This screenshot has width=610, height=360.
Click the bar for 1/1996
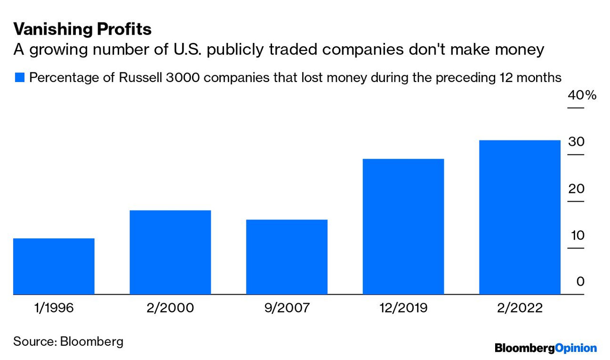pyautogui.click(x=54, y=266)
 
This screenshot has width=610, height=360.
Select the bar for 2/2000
pyautogui.click(x=170, y=252)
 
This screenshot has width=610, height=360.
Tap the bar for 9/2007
pyautogui.click(x=287, y=257)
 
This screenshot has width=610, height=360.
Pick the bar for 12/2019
pyautogui.click(x=403, y=226)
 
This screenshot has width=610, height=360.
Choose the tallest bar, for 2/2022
pyautogui.click(x=519, y=217)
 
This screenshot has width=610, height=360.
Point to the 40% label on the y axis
pyautogui.click(x=581, y=95)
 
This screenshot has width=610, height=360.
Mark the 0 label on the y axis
pyautogui.click(x=580, y=282)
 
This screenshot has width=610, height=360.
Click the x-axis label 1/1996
pyautogui.click(x=54, y=308)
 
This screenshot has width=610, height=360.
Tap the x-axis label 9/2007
pyautogui.click(x=287, y=308)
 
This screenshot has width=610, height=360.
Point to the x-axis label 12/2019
pyautogui.click(x=403, y=308)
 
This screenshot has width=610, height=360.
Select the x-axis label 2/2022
pyautogui.click(x=519, y=308)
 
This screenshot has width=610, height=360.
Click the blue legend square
pyautogui.click(x=19, y=78)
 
